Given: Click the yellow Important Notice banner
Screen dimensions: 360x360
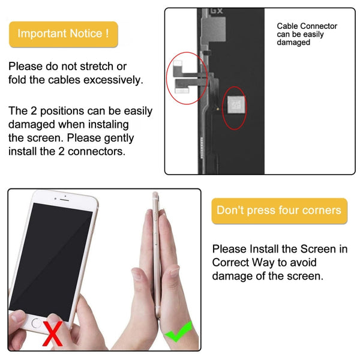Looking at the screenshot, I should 63,34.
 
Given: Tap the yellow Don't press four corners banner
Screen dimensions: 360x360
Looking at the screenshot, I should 279,211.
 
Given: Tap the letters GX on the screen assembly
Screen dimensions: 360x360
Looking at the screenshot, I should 215,11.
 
